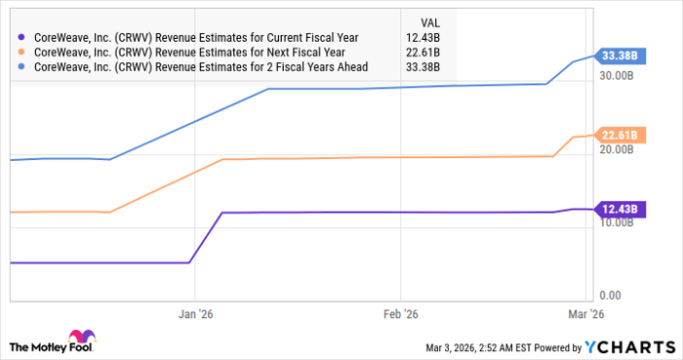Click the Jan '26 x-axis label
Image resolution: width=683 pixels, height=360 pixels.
click(195, 314)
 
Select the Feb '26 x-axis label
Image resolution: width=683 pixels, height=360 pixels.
click(400, 314)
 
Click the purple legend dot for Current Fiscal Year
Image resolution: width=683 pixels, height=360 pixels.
click(20, 38)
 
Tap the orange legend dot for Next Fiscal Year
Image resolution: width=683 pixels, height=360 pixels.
click(20, 53)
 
